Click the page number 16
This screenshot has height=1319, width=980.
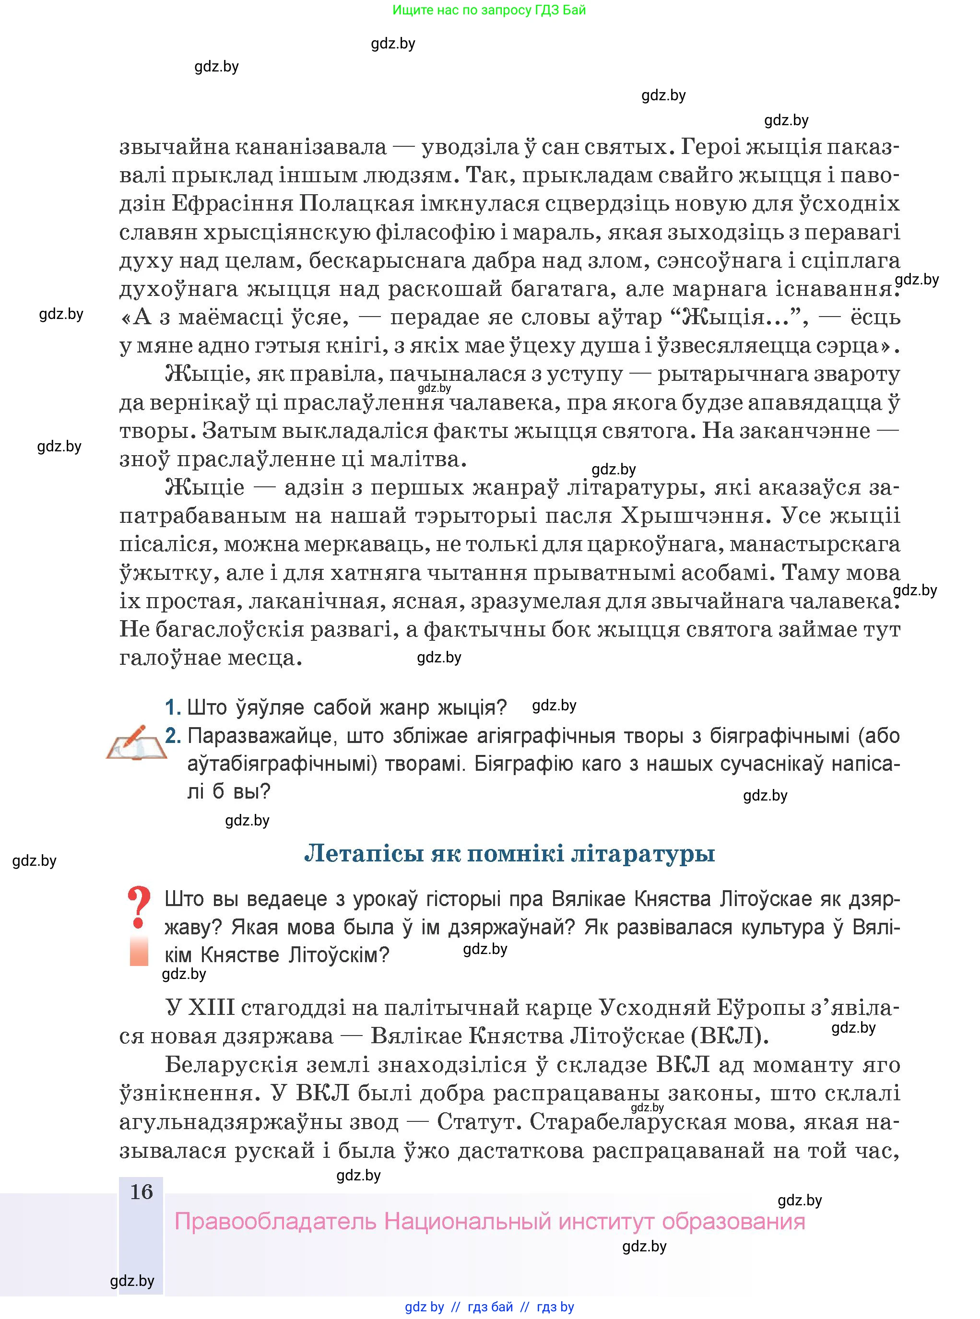tap(141, 1191)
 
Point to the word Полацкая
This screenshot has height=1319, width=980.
tap(356, 203)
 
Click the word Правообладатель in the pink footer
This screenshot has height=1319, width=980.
tap(276, 1222)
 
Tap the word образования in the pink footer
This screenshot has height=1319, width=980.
tap(733, 1222)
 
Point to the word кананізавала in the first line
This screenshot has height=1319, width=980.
tap(311, 146)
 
